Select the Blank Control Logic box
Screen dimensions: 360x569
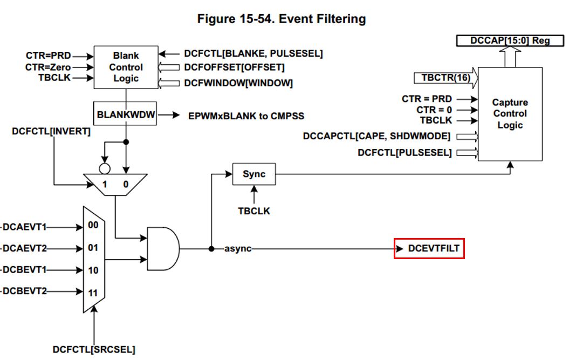(x=126, y=67)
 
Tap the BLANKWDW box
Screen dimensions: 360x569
(x=126, y=115)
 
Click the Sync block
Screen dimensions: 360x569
(x=254, y=174)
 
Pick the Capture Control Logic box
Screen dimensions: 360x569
(x=510, y=114)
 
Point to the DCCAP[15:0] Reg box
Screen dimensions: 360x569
(x=510, y=40)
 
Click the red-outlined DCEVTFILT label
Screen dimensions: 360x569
(x=429, y=249)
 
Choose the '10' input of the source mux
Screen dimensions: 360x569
(x=93, y=270)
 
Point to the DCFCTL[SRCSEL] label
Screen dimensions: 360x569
(x=94, y=349)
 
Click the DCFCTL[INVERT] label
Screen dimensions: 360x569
(x=51, y=131)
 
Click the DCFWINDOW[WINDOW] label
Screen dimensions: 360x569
(x=238, y=83)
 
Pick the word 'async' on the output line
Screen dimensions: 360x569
(x=238, y=249)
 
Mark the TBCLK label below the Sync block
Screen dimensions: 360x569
(x=254, y=211)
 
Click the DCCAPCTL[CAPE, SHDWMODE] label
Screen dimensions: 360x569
(x=376, y=137)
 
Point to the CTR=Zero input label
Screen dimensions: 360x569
(x=48, y=67)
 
